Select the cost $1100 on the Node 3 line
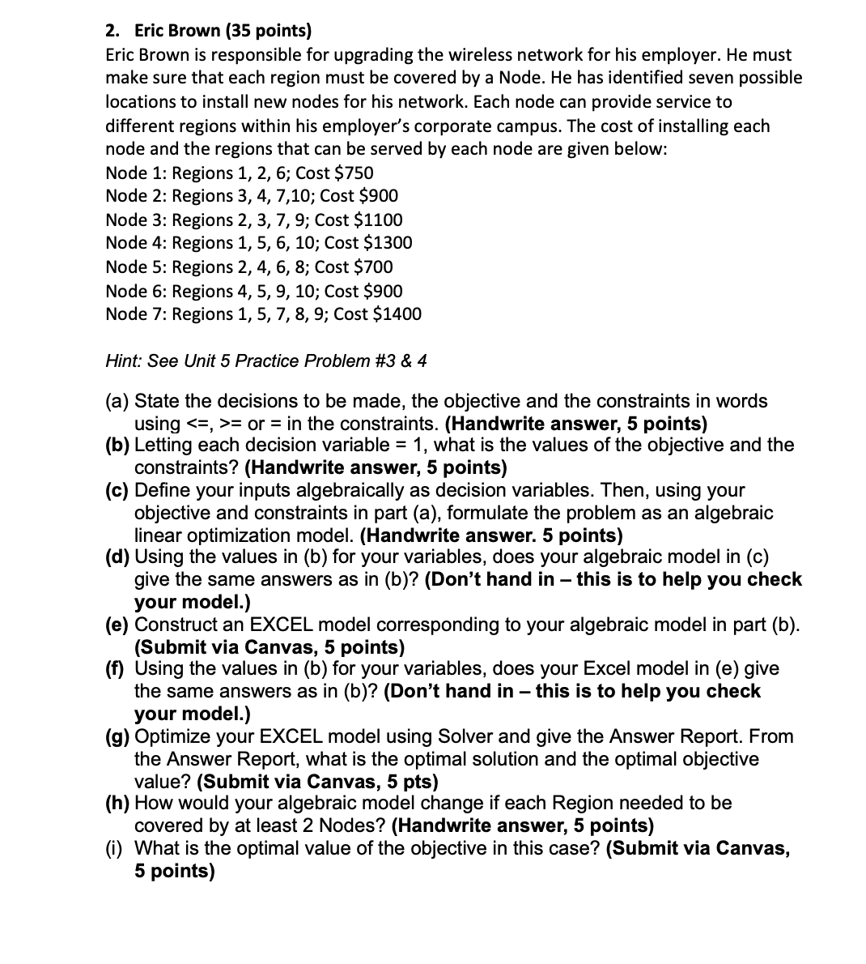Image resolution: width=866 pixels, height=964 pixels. click(x=380, y=220)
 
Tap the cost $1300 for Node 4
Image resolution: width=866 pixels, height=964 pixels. click(x=388, y=243)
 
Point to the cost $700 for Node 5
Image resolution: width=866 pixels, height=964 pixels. click(x=371, y=267)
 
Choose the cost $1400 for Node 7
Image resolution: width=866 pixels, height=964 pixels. click(x=398, y=314)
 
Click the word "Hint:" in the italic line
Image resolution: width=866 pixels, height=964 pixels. click(x=125, y=361)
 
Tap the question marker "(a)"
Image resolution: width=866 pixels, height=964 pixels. click(x=117, y=401)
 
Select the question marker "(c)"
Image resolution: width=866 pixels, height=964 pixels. click(x=117, y=491)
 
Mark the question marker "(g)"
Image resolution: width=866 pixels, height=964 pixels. click(x=118, y=737)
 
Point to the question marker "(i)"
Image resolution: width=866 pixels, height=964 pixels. click(x=115, y=849)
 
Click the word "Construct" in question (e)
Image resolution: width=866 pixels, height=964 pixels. click(x=175, y=625)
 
